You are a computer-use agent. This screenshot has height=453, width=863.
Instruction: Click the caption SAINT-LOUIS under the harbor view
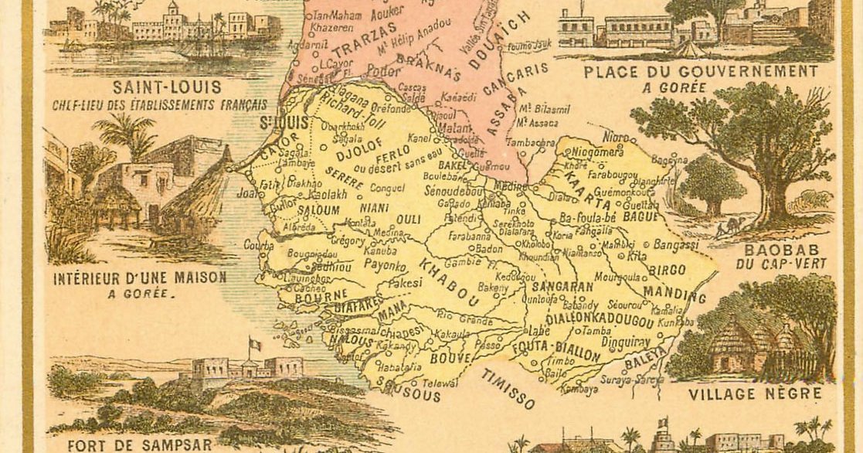(166, 87)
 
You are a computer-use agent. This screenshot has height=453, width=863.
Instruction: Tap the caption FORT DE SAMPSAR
(139, 444)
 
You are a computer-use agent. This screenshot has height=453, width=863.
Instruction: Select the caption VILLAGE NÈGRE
(754, 393)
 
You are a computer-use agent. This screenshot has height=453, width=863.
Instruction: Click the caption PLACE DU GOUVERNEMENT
(700, 72)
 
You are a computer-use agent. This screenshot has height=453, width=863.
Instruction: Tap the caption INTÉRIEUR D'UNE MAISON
(139, 277)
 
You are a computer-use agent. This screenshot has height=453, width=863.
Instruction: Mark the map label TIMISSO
(508, 389)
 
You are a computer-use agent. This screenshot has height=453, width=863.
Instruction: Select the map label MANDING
(674, 295)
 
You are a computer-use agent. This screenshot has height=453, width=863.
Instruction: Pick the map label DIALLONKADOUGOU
(589, 318)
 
